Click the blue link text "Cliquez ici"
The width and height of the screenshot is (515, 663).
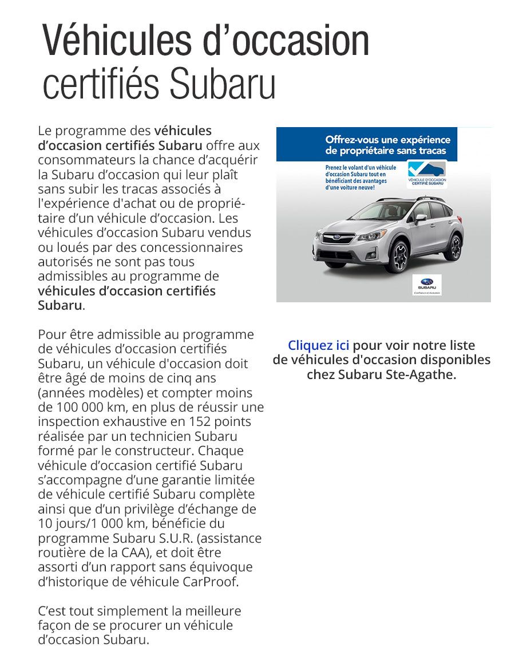318,346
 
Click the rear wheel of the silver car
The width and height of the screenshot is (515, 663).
455,246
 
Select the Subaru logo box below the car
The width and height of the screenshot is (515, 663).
427,285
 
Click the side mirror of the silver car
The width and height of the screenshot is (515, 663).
421,219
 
